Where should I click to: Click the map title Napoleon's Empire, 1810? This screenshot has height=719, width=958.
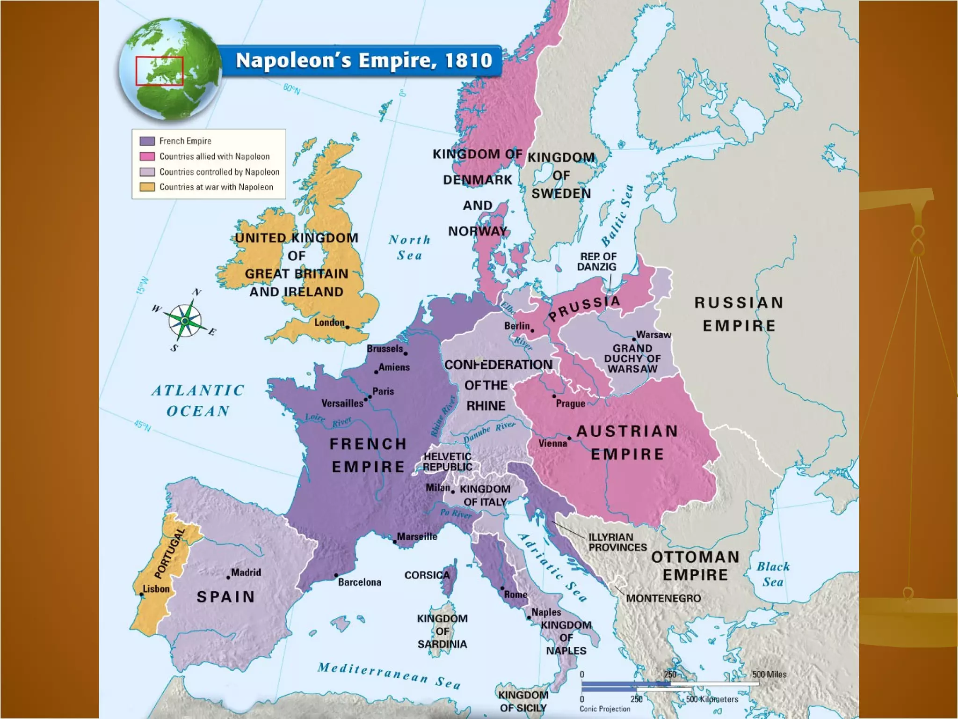point(363,60)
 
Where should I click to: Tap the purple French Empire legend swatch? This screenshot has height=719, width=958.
point(147,141)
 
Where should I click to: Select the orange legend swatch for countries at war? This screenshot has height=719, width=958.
point(147,187)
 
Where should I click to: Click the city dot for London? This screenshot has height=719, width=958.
point(348,327)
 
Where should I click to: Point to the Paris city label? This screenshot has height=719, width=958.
point(383,391)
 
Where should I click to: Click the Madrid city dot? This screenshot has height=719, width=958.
point(228,577)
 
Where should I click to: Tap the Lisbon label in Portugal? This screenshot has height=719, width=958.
point(156,589)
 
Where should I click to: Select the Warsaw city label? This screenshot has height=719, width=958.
point(653,335)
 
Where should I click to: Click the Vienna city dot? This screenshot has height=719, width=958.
point(569,438)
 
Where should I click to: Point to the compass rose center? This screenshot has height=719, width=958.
point(185,321)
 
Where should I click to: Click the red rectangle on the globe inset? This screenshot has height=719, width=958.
point(160,71)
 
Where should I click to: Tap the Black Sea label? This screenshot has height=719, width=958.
point(773,574)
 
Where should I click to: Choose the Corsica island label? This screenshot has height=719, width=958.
point(427,575)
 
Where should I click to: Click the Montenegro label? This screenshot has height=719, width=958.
point(663,598)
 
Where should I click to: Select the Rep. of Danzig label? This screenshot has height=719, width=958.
point(597,262)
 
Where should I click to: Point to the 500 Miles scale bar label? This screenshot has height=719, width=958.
point(769,675)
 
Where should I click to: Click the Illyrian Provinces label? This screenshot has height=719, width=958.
point(617,543)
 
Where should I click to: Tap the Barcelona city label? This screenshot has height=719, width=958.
point(359,582)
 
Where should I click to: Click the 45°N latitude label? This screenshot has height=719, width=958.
point(143,426)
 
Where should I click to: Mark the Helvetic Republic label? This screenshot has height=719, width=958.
point(448,462)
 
